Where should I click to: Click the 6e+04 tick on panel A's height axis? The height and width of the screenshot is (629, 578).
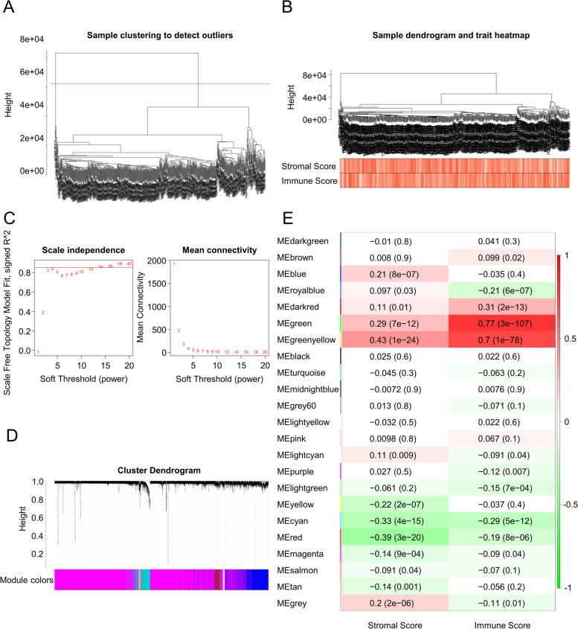point(33,72)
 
